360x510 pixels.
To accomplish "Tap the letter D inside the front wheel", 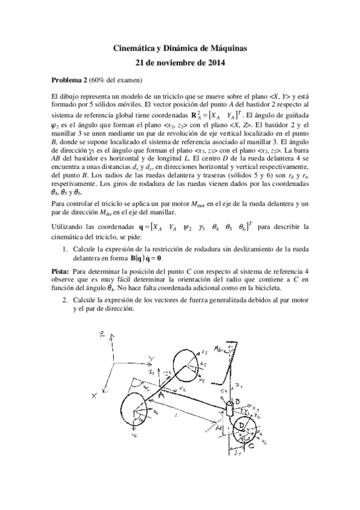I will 242,425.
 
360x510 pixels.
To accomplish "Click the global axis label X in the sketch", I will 93,395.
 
